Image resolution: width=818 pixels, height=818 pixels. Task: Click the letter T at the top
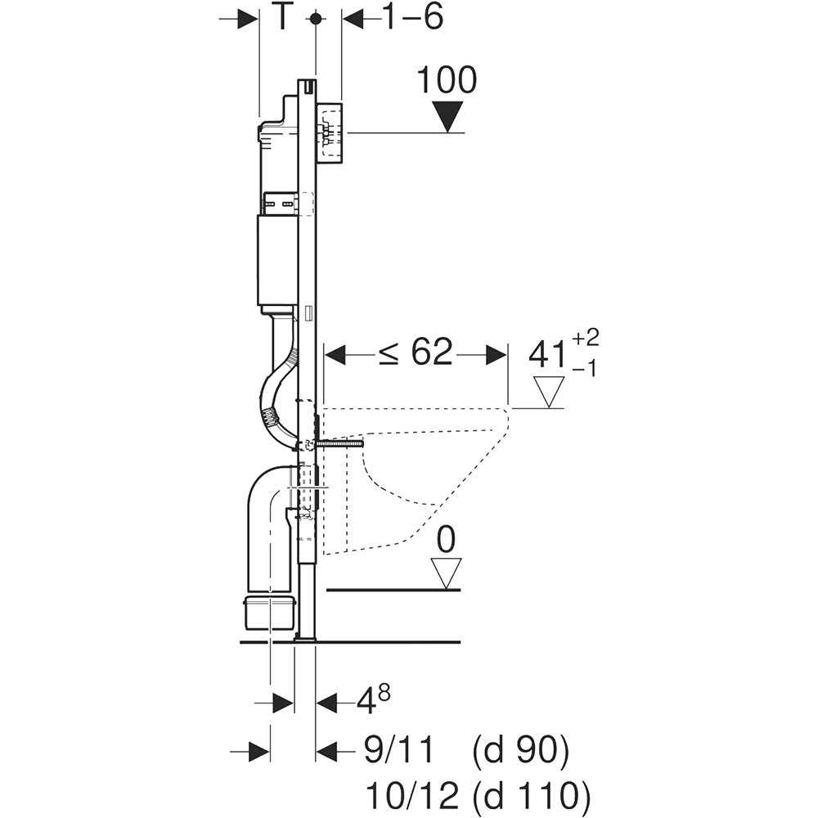[281, 17]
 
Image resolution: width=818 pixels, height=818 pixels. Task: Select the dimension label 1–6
[413, 17]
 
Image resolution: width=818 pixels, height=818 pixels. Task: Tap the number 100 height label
[447, 80]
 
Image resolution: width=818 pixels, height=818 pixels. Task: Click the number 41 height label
[547, 355]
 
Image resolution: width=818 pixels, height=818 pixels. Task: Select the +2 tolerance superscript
[586, 338]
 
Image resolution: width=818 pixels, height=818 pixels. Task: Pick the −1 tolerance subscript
[584, 369]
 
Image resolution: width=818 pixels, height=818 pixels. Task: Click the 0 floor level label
[446, 540]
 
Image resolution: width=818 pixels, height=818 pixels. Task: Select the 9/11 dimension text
[398, 751]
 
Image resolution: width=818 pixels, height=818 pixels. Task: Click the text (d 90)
[520, 752]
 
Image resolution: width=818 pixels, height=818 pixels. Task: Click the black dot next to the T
[315, 19]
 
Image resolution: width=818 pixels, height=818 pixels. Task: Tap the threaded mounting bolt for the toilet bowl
[339, 444]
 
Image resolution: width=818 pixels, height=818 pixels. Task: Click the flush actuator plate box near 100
[330, 132]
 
